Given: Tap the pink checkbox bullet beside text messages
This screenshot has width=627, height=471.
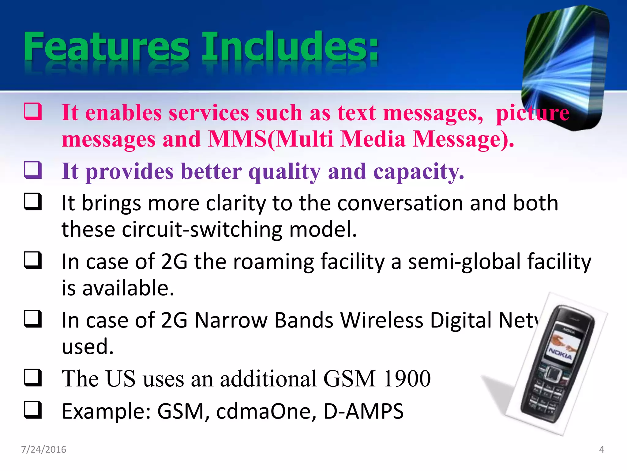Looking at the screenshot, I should (33, 111).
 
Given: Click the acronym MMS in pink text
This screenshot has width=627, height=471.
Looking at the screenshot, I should (237, 139).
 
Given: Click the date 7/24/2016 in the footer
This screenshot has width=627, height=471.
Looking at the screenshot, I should (43, 450).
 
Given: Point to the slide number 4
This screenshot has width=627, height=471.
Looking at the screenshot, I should (601, 450).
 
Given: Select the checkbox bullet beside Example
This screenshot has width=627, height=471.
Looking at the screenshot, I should (33, 410).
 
